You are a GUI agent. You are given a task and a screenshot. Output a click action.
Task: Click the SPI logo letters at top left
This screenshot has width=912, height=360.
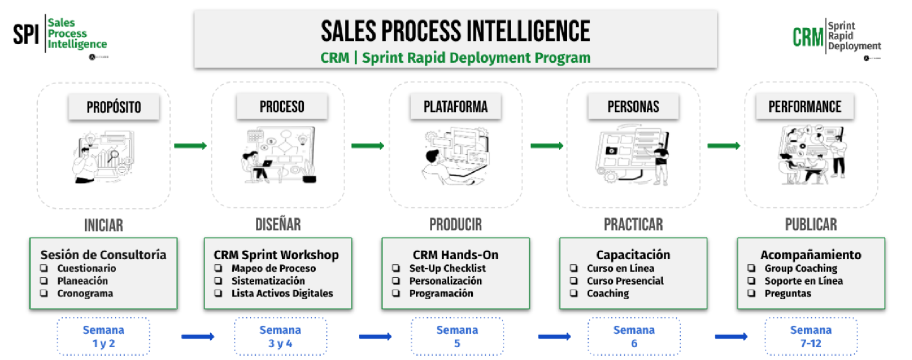point(26,34)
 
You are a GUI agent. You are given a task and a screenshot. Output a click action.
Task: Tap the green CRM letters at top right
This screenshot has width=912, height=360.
point(808,37)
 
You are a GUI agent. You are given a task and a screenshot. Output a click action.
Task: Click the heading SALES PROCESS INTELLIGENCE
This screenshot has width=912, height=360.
point(455,32)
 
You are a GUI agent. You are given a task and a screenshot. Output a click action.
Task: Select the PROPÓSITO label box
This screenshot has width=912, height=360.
point(114,107)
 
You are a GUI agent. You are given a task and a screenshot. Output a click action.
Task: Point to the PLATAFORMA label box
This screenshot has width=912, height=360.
point(455,107)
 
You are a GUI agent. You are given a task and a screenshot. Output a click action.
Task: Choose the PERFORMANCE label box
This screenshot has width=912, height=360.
point(805,107)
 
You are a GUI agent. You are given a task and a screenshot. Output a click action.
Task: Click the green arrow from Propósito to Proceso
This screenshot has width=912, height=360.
point(190,146)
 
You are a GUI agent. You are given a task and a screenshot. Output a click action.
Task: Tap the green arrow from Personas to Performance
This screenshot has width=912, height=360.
point(724,146)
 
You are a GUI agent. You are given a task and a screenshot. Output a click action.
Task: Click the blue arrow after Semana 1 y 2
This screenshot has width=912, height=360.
point(198,336)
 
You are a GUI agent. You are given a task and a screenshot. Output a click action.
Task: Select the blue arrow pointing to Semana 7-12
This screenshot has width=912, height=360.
point(731,336)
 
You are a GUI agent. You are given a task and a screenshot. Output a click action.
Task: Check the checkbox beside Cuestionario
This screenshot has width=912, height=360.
point(44,268)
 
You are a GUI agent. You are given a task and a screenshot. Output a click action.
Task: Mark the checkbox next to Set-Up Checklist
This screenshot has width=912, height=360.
point(396,268)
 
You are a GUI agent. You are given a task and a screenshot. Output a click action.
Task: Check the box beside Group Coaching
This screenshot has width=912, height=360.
point(752,268)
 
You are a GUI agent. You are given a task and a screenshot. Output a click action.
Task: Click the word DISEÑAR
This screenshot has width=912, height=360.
point(278,224)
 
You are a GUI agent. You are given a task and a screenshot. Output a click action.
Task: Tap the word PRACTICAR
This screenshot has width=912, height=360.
point(633,224)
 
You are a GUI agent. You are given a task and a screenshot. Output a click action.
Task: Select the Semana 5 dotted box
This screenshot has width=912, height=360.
point(457,336)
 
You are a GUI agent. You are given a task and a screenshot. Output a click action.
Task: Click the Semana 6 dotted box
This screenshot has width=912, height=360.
point(634,336)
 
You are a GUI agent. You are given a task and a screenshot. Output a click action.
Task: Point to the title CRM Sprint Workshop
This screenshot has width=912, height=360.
point(276,255)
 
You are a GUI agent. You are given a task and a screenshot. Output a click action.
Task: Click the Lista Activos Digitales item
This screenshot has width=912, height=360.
point(282,293)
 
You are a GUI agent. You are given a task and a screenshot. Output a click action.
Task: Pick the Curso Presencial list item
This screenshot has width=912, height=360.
point(625,281)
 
